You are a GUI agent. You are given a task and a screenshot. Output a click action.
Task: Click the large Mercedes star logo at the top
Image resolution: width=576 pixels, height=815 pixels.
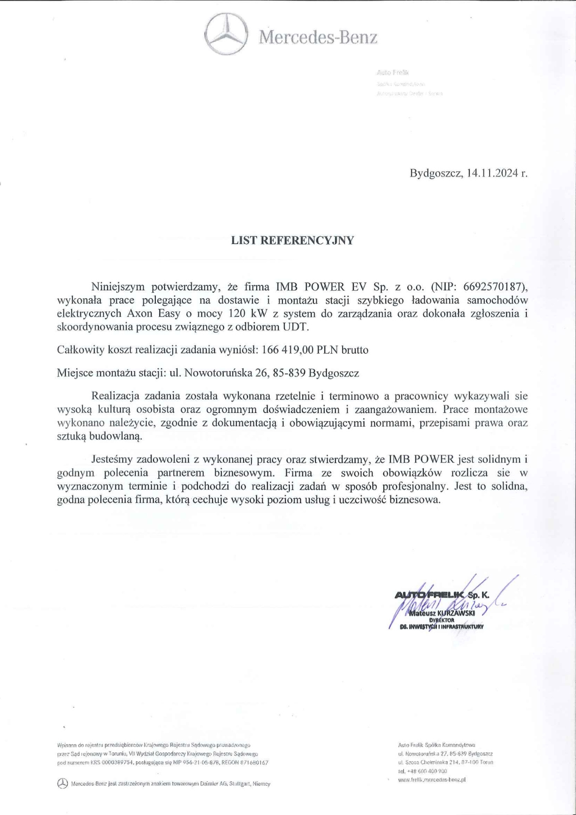coord(226,34)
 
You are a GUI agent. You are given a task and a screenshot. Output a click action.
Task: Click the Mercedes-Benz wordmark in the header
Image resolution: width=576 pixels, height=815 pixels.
coord(318,37)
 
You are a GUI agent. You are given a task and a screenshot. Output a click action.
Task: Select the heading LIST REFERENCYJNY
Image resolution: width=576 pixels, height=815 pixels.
coord(293,240)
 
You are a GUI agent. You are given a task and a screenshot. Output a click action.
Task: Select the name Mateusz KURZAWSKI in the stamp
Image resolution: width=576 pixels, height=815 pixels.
coord(442,612)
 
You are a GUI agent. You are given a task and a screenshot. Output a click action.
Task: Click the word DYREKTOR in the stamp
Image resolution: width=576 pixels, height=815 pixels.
coord(441,619)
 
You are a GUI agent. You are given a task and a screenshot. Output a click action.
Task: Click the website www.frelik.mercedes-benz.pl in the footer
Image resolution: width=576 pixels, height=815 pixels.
coord(432,779)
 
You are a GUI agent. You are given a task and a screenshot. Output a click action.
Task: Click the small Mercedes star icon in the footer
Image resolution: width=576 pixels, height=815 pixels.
coord(63,783)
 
